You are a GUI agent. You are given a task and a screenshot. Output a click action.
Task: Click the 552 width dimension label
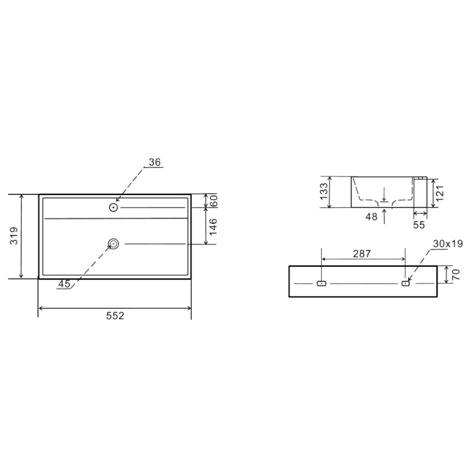pos(115,316)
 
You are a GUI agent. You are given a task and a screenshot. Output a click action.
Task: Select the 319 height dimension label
pos(14,236)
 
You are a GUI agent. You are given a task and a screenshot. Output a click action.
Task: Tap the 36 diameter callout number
pos(154,162)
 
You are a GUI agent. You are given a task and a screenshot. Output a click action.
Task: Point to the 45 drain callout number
pos(64,284)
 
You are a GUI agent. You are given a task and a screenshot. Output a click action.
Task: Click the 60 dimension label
pos(213,201)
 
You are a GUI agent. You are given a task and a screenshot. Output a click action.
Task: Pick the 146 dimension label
pos(213,226)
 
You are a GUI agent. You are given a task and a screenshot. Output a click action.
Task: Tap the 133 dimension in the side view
pos(324,191)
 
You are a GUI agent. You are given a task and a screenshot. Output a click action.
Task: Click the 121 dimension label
pos(440,193)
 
